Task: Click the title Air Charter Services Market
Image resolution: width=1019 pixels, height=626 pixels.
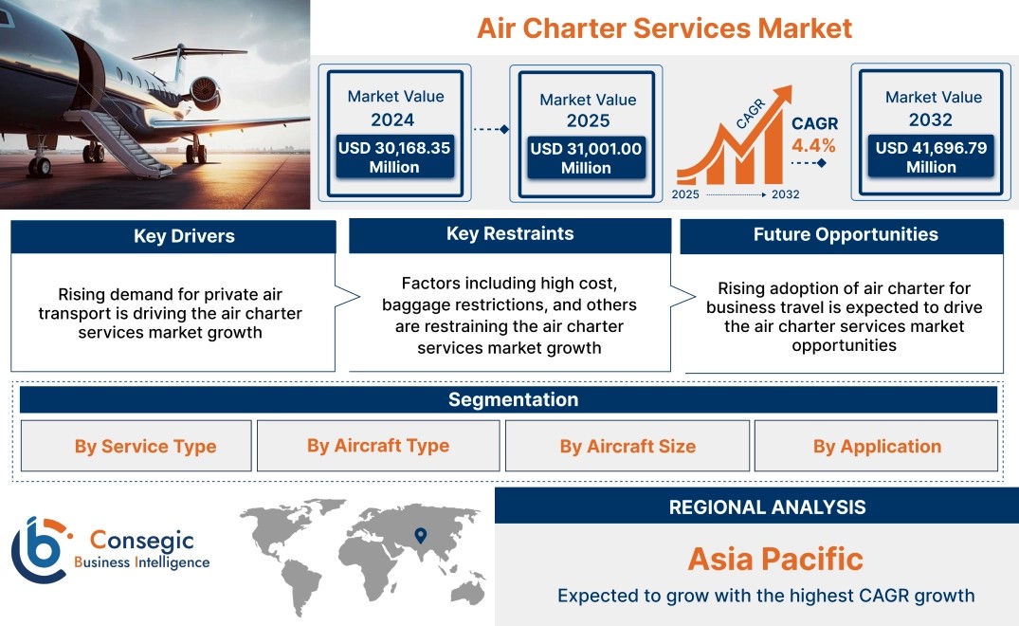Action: point(664,28)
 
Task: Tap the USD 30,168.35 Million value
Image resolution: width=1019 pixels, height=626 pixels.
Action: point(394,157)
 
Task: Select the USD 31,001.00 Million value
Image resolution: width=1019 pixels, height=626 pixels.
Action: point(586,158)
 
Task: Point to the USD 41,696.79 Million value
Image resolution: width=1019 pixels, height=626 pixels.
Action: point(931,157)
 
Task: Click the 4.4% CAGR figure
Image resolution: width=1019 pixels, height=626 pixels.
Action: point(813,145)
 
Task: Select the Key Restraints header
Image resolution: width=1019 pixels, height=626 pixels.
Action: point(510,234)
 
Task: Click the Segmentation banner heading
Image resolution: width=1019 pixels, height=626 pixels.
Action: point(514,399)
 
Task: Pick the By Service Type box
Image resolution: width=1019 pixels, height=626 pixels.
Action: point(136,446)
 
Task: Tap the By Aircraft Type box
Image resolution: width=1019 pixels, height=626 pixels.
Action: point(378,445)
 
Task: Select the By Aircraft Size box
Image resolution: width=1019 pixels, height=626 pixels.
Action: point(628,446)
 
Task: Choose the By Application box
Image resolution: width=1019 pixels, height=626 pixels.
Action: point(876,446)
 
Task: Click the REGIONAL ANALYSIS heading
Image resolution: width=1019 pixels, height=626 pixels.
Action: point(768,507)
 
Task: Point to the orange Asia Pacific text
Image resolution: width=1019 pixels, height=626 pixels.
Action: point(776,559)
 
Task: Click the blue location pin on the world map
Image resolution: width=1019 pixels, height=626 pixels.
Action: point(421,535)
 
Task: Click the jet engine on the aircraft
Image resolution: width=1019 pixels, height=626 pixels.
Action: point(206,91)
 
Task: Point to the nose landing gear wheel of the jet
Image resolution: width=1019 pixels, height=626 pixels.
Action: point(40,166)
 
